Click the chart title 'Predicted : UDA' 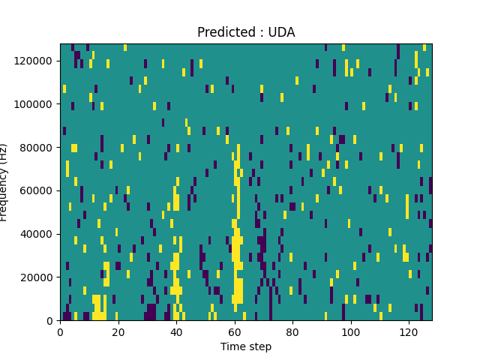click(x=246, y=32)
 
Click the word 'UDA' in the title click(x=281, y=32)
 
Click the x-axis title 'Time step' click(x=246, y=346)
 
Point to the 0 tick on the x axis click(x=60, y=331)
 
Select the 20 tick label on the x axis click(x=118, y=331)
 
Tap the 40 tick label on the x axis click(x=176, y=331)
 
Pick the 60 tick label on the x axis click(x=235, y=331)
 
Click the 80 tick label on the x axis click(x=292, y=331)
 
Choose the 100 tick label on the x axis click(x=351, y=331)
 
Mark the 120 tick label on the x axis click(x=409, y=331)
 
